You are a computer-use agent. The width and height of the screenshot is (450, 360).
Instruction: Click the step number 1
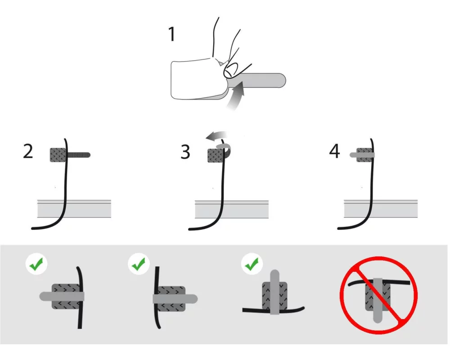tap(171, 34)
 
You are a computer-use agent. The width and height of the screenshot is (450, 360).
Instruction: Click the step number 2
tap(28, 151)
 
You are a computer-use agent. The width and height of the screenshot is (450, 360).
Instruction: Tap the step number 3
tap(185, 152)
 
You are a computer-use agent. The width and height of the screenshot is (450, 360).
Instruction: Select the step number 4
tap(335, 151)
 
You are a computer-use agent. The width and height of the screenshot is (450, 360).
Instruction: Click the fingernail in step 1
tap(231, 69)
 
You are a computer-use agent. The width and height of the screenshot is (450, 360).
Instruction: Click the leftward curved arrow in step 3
tap(217, 136)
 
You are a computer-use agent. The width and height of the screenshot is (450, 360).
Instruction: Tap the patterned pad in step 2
tap(58, 155)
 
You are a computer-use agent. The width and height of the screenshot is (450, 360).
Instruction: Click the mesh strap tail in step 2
tap(79, 155)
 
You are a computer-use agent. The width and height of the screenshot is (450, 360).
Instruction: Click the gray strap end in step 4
tap(354, 155)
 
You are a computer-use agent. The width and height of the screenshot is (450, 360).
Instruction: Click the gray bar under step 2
tap(74, 209)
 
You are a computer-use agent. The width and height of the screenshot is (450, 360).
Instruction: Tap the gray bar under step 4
tap(381, 209)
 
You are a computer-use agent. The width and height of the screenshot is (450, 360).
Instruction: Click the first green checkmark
tap(36, 264)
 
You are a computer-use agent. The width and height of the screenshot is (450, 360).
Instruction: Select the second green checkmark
tap(139, 264)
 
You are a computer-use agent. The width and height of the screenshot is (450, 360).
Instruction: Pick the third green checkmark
tap(252, 264)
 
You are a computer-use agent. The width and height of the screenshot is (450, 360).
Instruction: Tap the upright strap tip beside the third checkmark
tap(274, 275)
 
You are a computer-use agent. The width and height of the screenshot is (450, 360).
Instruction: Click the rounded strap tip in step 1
tap(281, 80)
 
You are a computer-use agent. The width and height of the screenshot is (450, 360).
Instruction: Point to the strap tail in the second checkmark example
tap(190, 299)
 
